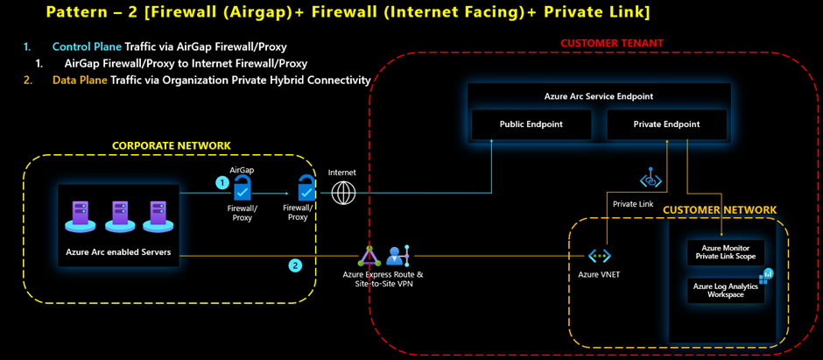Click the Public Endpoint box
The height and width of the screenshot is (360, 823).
(531, 124)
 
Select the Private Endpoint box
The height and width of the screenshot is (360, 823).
(666, 124)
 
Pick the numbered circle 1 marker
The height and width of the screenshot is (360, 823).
(222, 183)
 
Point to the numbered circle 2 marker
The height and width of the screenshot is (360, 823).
(296, 265)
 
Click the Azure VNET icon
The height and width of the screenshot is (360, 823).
(599, 256)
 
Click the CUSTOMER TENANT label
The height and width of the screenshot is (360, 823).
(611, 43)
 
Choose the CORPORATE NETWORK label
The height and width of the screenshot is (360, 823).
(172, 145)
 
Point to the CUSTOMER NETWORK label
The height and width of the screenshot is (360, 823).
(719, 209)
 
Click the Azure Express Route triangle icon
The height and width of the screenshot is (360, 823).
(368, 257)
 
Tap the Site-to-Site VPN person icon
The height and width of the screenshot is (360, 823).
(397, 256)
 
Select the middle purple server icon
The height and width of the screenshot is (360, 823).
(118, 215)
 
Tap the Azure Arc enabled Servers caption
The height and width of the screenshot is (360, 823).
(118, 252)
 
